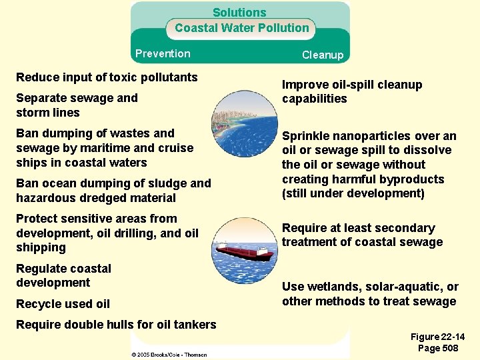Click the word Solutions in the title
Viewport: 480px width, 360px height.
point(239,13)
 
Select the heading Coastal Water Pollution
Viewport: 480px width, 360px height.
point(242,28)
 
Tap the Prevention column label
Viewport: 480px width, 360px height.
point(163,54)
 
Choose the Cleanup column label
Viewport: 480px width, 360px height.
point(323,55)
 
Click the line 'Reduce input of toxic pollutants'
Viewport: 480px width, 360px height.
point(107,77)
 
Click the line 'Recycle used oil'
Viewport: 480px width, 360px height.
point(63,304)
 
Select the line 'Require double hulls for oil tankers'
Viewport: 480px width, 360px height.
point(116,325)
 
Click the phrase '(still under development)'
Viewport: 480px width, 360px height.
point(353,194)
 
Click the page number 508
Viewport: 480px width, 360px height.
point(448,349)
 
